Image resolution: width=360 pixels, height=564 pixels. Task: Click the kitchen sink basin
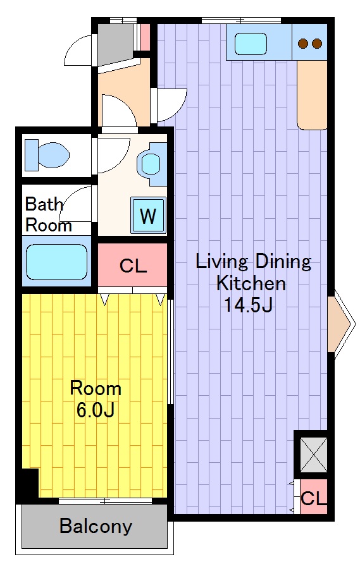tap(251, 44)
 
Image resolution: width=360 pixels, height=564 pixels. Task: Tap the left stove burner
tap(303, 44)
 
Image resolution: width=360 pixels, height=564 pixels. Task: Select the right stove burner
tap(317, 44)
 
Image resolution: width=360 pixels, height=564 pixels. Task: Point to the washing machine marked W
tap(148, 216)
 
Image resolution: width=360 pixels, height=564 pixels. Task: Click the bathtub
tap(57, 262)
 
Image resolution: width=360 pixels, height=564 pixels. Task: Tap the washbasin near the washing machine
tap(152, 164)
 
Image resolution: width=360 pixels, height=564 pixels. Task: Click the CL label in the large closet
tap(133, 266)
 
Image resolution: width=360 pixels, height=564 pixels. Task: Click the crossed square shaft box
tap(314, 455)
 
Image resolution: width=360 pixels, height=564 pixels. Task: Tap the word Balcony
tap(96, 526)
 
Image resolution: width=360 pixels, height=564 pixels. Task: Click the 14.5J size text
tap(248, 305)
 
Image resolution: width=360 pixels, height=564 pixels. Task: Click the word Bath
tap(44, 204)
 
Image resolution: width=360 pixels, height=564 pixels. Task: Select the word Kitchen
tap(251, 283)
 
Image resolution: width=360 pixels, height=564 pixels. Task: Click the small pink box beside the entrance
tap(144, 37)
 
